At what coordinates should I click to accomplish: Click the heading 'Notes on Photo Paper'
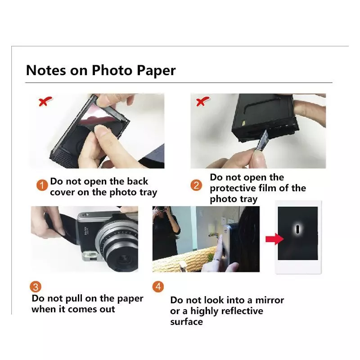(101, 71)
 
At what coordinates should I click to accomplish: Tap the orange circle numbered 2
(196, 185)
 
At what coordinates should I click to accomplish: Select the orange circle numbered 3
(36, 287)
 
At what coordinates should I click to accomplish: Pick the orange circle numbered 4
(158, 286)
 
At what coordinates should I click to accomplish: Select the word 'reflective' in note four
(240, 311)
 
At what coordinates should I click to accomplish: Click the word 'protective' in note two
(233, 188)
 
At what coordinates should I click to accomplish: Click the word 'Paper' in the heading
(154, 71)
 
